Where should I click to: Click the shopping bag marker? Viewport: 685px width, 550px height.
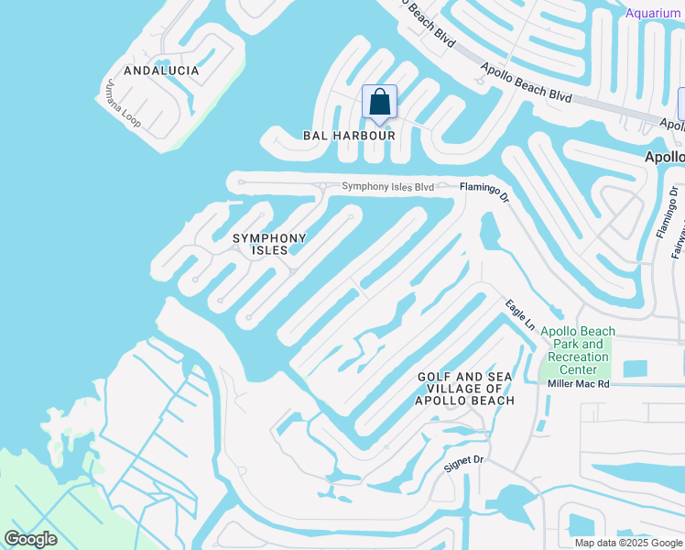point(379,103)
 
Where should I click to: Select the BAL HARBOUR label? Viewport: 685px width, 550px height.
point(349,136)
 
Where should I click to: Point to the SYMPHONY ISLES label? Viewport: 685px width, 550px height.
point(268,244)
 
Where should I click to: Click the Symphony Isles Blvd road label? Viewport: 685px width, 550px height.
point(387,186)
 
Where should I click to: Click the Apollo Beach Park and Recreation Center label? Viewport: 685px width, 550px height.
point(577,350)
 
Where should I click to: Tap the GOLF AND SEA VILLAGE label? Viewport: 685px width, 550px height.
point(465,389)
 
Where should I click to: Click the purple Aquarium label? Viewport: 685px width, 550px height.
point(652,13)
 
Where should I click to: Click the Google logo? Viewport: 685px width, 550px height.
point(31,539)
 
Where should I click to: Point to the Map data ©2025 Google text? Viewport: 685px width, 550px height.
point(628,543)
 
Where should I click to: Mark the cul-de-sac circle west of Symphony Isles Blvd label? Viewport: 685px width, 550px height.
point(242,181)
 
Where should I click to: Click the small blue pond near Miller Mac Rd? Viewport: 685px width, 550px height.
point(634,368)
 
